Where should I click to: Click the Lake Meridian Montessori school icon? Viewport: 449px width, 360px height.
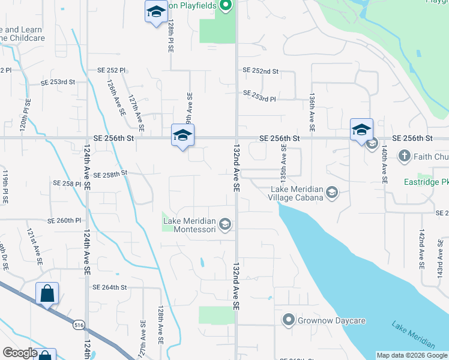[x=225, y=225]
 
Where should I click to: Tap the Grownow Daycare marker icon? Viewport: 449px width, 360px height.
[x=289, y=320]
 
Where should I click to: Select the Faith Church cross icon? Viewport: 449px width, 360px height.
[x=405, y=157]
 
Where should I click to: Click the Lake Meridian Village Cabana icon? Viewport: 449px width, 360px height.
[x=332, y=193]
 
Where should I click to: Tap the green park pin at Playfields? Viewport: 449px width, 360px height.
[x=225, y=7]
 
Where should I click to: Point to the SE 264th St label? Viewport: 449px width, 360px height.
[x=110, y=287]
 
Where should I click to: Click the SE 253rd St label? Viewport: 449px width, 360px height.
[x=58, y=82]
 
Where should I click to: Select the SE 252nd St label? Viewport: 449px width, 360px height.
[x=261, y=71]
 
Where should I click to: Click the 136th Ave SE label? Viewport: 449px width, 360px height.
[x=312, y=112]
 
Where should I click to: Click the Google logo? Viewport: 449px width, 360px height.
[x=20, y=353]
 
